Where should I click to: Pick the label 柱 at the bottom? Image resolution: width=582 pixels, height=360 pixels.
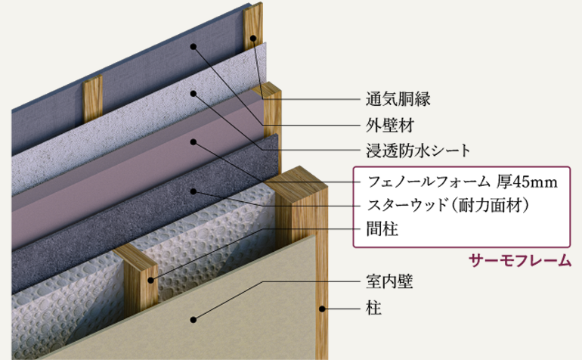[373, 309]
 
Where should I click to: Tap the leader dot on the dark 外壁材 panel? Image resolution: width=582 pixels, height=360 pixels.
[193, 47]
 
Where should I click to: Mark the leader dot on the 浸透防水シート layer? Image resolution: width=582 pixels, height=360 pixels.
[193, 93]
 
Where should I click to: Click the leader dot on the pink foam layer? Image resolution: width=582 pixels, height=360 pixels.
[193, 141]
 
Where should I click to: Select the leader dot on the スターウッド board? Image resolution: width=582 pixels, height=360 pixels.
[193, 191]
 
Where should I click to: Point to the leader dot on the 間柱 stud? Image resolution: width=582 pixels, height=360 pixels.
[154, 280]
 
